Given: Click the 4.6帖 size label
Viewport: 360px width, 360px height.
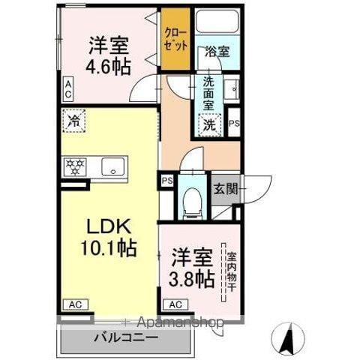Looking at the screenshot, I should [110, 66].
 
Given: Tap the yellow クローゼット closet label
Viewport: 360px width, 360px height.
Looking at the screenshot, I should [177, 40].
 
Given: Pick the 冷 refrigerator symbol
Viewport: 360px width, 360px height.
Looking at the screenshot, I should [73, 120].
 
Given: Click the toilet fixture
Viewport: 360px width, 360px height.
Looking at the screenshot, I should [193, 199].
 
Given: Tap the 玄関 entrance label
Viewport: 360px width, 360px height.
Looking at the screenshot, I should [224, 189].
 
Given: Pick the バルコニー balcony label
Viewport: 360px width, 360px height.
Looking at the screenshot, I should [126, 338].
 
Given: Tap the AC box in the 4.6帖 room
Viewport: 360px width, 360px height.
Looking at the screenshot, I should [68, 91].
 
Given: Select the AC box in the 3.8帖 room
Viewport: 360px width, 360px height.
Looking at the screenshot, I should [174, 304].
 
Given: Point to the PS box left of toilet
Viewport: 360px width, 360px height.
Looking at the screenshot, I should [166, 181].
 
